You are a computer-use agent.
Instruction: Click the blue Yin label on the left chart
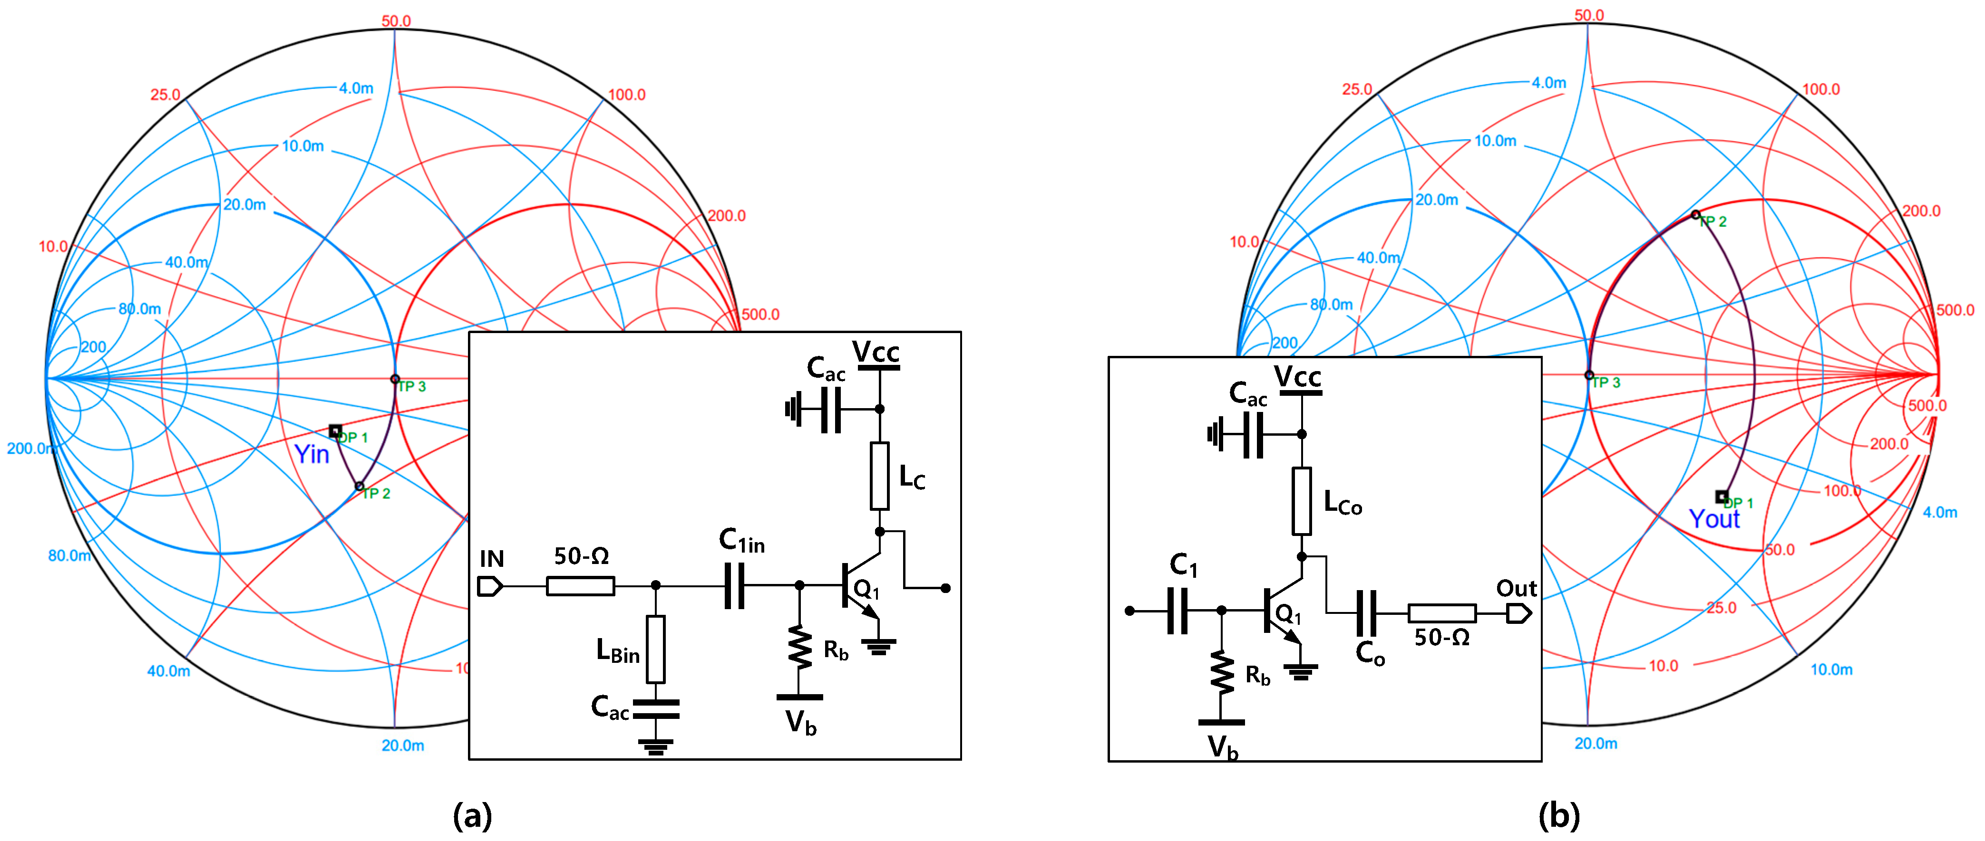(311, 454)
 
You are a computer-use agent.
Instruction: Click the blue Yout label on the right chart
(1714, 519)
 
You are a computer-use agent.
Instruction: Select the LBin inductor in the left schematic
(656, 649)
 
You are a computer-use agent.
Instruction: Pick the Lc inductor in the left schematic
(879, 476)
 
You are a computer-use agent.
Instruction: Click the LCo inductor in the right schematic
(1302, 501)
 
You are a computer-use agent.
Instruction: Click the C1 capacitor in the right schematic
(1177, 611)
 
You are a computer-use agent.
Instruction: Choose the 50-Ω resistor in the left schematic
(580, 586)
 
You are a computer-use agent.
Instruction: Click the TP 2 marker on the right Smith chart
(1695, 215)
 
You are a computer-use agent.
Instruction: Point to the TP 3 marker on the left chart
(395, 379)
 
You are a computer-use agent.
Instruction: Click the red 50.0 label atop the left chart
(396, 21)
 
